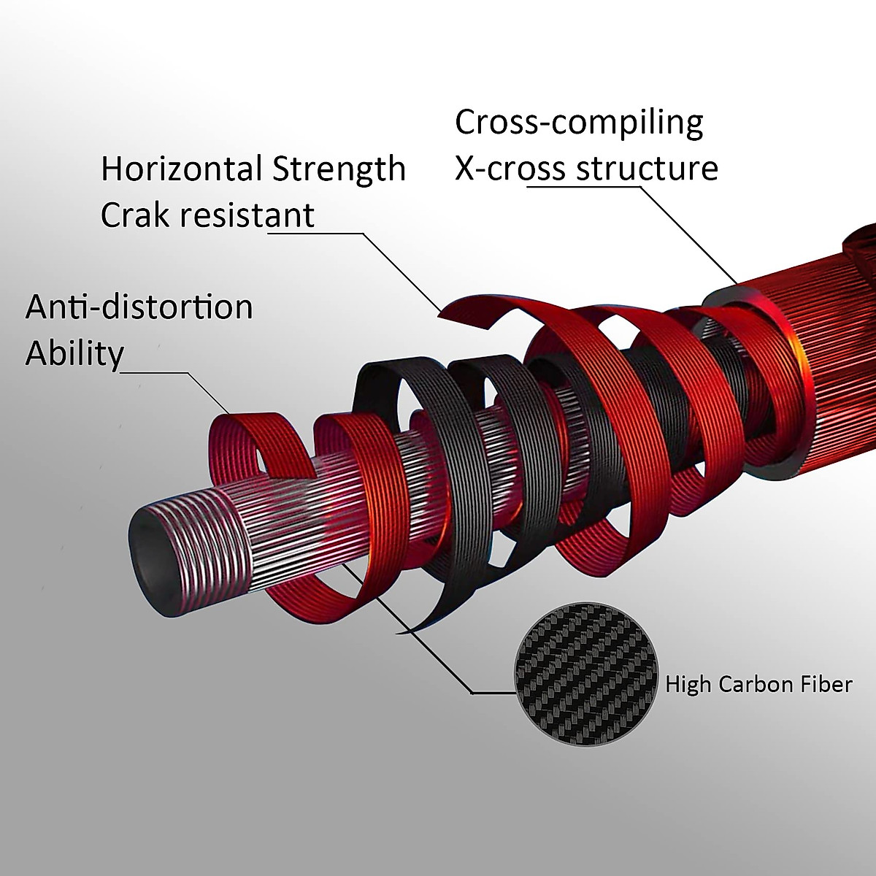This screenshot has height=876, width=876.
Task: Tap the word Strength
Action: coord(339,169)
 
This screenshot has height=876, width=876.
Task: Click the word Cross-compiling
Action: coord(579,123)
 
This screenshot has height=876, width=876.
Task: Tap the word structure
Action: coord(648,169)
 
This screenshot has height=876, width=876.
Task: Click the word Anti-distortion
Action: coord(139,307)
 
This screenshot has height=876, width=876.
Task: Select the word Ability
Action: coord(74,354)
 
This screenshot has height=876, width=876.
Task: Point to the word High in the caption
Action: coord(690,685)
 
